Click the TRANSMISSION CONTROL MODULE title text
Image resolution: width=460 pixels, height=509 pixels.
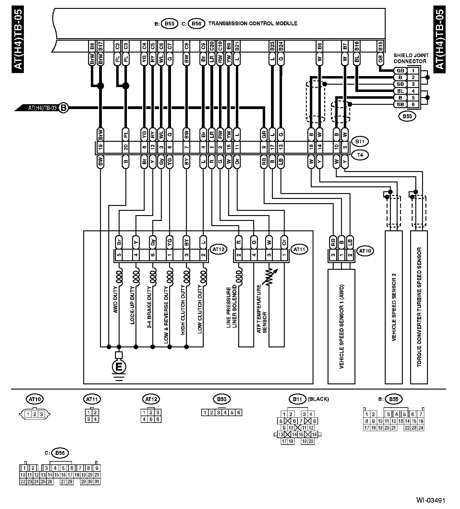253,24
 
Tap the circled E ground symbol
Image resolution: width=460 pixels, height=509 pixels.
119,367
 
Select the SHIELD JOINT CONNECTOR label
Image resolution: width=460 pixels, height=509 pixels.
411,58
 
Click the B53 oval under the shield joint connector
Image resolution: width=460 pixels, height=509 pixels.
407,116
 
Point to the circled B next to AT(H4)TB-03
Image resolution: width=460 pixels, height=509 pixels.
64,108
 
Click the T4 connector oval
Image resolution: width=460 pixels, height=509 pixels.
360,155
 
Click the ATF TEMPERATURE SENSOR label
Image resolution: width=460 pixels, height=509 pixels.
262,309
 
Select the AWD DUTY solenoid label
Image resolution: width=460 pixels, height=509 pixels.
116,300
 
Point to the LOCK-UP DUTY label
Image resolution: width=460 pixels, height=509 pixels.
132,309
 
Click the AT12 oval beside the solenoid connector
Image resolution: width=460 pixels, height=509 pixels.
219,250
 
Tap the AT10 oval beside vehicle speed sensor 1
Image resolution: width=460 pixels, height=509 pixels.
365,251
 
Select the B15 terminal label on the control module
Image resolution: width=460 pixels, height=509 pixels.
380,46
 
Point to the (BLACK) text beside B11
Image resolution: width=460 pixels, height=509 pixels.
318,399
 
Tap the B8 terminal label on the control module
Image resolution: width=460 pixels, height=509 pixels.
92,46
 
